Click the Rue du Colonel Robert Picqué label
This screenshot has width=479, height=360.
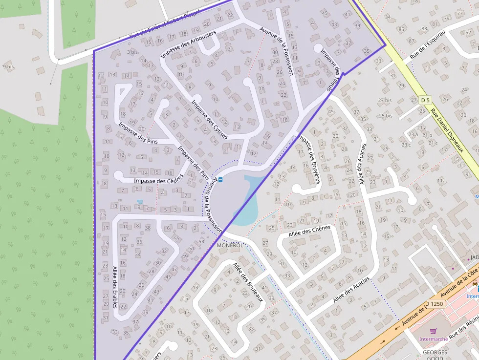165,24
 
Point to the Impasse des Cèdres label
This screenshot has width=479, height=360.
158,180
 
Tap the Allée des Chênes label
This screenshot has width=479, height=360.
309,231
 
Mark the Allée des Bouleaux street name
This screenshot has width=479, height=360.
248,282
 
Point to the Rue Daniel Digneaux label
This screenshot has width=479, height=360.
447,130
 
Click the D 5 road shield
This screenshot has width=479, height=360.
425,100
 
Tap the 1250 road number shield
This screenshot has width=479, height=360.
436,304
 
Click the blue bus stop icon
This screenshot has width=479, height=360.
220,179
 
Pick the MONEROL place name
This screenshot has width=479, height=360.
230,245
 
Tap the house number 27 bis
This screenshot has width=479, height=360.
385,100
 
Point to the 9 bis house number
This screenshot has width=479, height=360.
8,66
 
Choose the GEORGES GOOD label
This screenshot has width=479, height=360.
435,355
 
